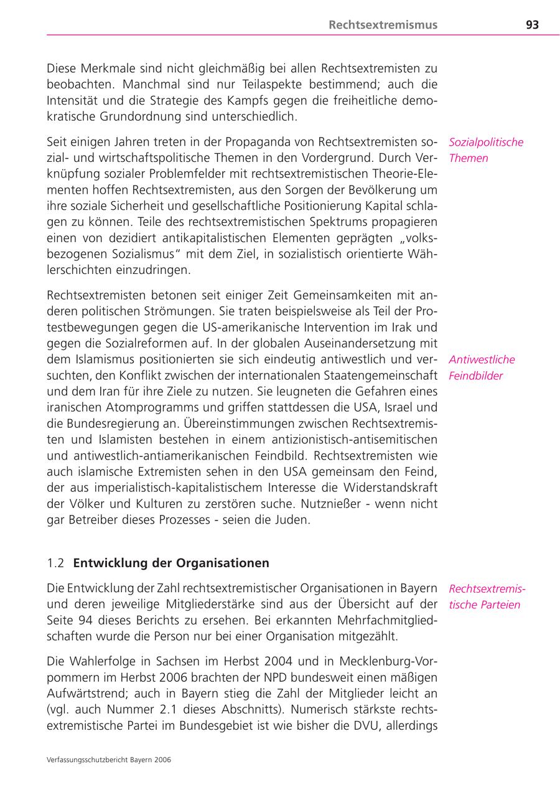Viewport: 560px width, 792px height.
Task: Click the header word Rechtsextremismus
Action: point(383,25)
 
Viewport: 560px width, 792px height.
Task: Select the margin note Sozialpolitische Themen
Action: point(485,150)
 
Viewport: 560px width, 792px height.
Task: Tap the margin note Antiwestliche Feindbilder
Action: point(482,367)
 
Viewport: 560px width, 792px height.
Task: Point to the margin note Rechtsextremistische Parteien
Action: point(486,596)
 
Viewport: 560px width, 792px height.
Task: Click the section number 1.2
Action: point(55,563)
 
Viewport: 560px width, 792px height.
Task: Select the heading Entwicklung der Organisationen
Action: point(171,563)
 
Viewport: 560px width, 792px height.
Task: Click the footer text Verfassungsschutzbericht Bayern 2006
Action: point(109,760)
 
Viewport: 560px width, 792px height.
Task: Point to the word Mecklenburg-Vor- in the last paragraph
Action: point(385,661)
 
